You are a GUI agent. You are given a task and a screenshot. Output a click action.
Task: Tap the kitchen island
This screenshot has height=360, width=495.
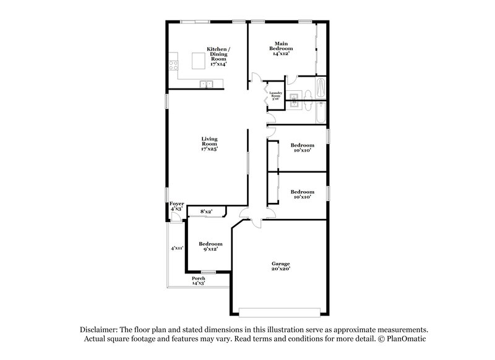click(198, 61)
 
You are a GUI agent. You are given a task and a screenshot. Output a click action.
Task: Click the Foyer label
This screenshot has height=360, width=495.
click(176, 204)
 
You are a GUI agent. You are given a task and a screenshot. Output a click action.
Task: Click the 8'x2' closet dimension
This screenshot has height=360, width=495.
click(207, 212)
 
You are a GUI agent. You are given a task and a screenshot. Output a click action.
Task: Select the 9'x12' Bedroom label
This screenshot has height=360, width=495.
click(210, 247)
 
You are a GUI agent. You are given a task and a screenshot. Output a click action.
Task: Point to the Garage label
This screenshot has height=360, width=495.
click(280, 264)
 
